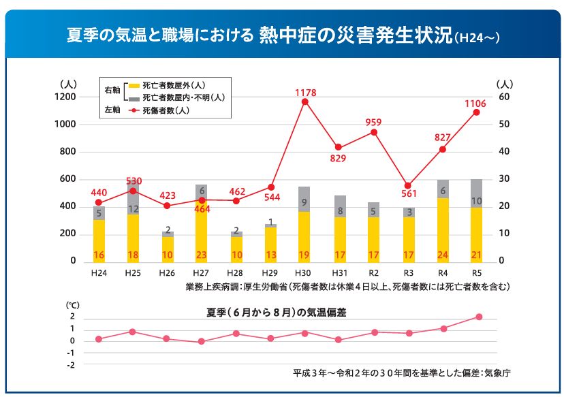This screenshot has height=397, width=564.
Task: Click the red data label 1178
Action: click(304, 92)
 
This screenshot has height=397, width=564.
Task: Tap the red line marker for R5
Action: click(476, 112)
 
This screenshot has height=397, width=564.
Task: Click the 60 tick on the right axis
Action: click(505, 97)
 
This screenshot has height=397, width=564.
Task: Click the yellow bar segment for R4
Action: click(443, 225)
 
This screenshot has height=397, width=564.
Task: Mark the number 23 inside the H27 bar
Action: click(202, 255)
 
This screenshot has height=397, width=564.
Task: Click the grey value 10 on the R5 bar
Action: click(476, 201)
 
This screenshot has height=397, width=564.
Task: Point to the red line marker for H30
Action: click(304, 102)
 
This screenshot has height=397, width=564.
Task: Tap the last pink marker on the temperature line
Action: click(479, 317)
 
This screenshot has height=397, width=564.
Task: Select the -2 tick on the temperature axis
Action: click(70, 364)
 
